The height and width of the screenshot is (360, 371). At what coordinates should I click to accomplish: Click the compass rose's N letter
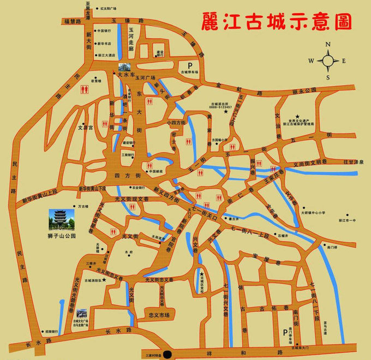tap(328, 45)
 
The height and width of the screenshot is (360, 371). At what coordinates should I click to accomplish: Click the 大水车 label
tap(133, 76)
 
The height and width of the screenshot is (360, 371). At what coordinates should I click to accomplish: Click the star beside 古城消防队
tap(104, 279)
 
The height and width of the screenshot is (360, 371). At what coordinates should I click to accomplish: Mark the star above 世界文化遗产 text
tap(297, 116)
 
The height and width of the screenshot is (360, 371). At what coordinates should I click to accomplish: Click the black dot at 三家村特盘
tap(167, 354)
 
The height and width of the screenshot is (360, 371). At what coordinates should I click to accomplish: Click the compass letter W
tap(310, 61)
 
